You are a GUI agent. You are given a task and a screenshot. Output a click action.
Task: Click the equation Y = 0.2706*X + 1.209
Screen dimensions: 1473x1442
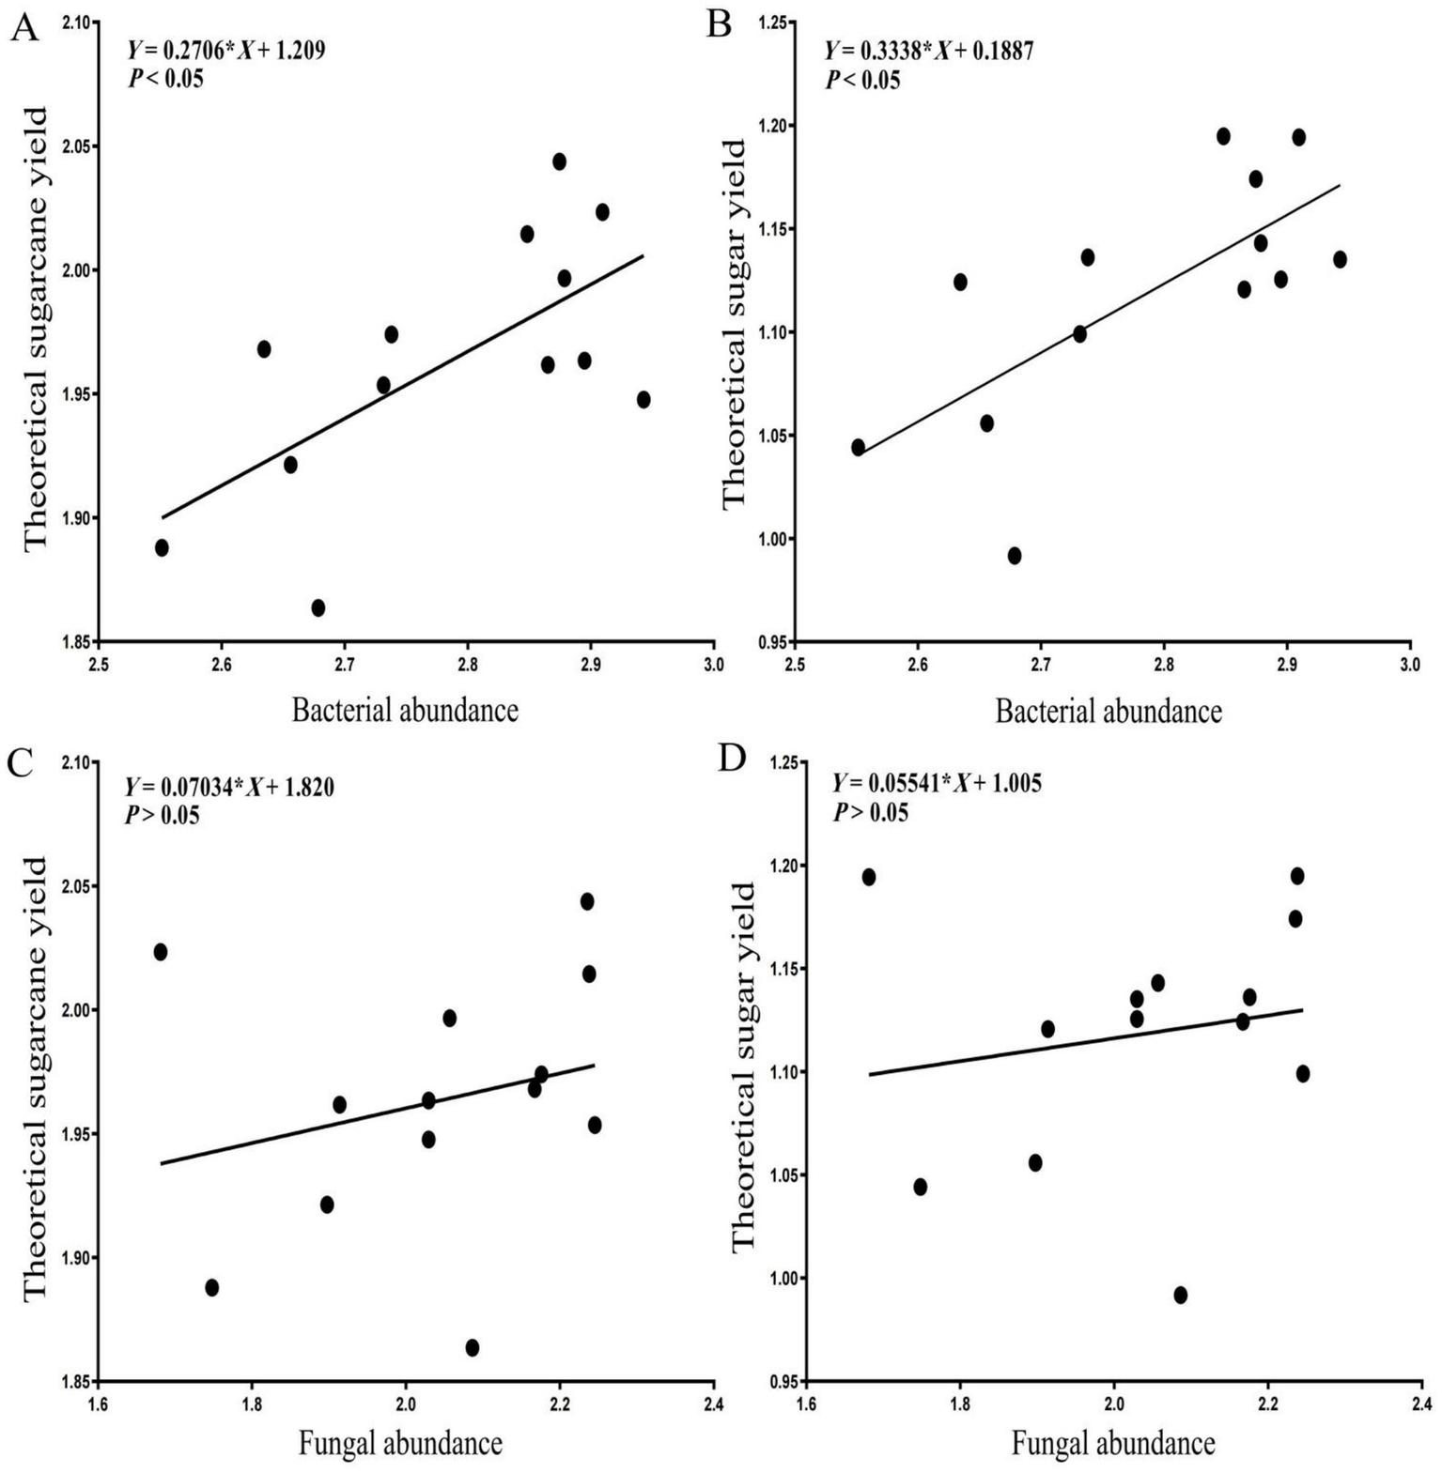pyautogui.click(x=226, y=51)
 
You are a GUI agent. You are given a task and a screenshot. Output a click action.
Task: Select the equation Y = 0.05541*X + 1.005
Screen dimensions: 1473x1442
pyautogui.click(x=937, y=783)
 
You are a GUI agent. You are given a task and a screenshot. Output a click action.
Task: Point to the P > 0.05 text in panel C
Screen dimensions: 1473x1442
pyautogui.click(x=163, y=815)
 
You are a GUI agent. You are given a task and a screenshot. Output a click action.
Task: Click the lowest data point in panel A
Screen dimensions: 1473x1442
pyautogui.click(x=318, y=607)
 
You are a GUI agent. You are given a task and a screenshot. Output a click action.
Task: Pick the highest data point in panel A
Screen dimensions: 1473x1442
pyautogui.click(x=559, y=161)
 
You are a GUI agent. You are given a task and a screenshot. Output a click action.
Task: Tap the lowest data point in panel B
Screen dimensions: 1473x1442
pyautogui.click(x=1015, y=556)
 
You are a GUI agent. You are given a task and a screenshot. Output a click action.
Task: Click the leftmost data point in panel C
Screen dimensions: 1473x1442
pyautogui.click(x=161, y=952)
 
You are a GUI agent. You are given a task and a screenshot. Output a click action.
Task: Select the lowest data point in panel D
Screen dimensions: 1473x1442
pyautogui.click(x=1181, y=1295)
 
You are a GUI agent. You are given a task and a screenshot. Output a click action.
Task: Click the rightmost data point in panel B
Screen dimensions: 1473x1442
pyautogui.click(x=1340, y=259)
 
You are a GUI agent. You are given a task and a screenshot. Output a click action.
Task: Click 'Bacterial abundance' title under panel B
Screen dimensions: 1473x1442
pyautogui.click(x=1109, y=712)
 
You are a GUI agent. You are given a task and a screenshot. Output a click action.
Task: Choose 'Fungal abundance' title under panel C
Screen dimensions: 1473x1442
pyautogui.click(x=400, y=1443)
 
